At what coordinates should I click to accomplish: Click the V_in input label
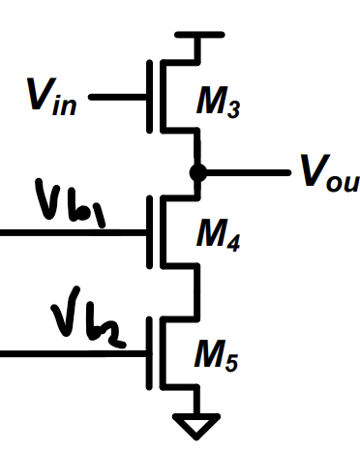tap(49, 97)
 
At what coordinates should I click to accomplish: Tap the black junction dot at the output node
tap(197, 173)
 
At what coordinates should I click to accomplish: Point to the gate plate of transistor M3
tap(149, 97)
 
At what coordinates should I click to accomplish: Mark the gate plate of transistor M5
tap(149, 354)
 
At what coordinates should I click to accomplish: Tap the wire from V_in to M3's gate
tap(117, 98)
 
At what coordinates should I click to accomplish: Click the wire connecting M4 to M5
tap(197, 290)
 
